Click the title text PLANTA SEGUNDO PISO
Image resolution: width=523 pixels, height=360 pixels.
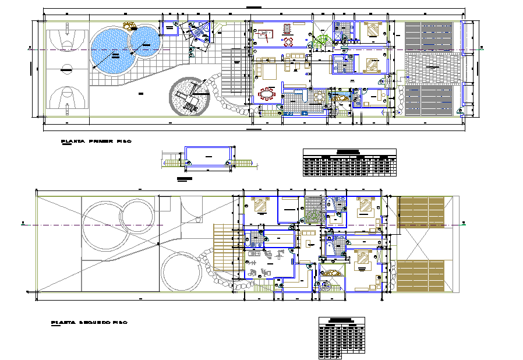89,322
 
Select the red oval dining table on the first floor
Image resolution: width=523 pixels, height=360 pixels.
268,94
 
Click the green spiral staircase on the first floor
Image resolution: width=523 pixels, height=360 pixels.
321,41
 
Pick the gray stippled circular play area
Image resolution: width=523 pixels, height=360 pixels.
188,97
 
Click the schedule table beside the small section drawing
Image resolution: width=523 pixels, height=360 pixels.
349,162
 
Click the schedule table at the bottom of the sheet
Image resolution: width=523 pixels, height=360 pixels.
342,338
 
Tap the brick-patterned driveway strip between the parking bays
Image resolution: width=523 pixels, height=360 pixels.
432,69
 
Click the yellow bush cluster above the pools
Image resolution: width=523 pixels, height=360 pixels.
128,25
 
